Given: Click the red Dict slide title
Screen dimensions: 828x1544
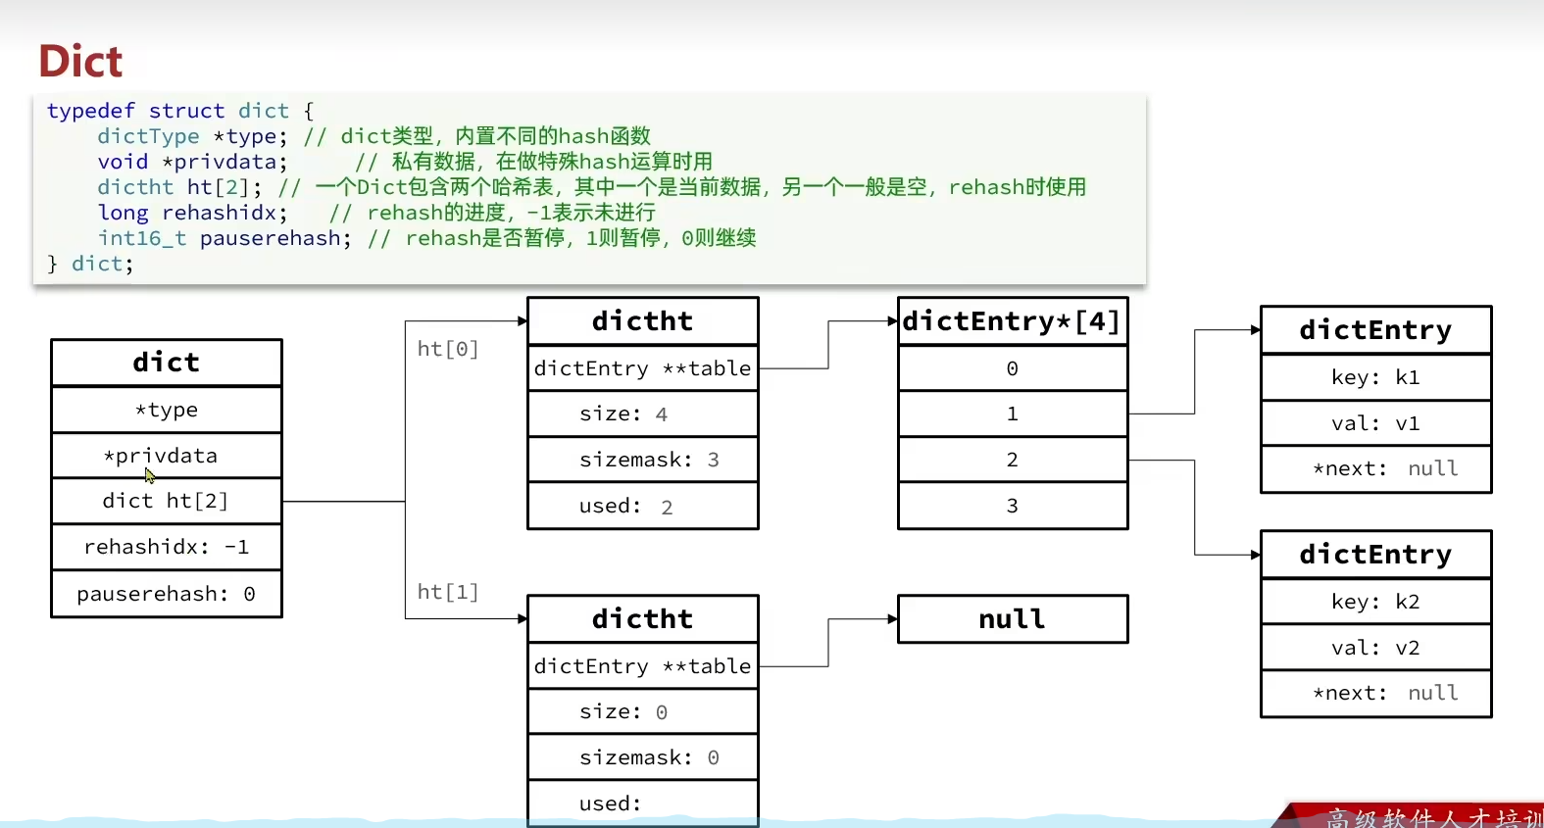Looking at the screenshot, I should (x=80, y=61).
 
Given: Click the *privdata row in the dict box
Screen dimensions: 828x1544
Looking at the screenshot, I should (x=166, y=456).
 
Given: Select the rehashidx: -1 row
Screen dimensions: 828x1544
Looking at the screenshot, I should (x=166, y=547).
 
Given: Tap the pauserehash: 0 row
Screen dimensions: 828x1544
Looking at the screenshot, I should (x=166, y=594).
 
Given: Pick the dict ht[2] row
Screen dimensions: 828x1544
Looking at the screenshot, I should (x=166, y=501).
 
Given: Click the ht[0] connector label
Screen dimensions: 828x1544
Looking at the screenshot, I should (x=447, y=349).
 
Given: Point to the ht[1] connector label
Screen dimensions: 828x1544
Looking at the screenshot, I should (x=447, y=592).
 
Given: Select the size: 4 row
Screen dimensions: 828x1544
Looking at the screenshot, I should (x=642, y=414).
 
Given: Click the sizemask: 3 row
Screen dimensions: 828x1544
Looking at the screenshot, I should (x=642, y=460).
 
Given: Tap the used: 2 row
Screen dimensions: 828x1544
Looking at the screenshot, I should (x=642, y=506).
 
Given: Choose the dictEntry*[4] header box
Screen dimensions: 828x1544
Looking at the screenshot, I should (x=1012, y=321).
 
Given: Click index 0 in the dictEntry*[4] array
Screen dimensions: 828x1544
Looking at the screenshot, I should (x=1012, y=368).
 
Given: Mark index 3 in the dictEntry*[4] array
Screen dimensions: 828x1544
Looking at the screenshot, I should (x=1012, y=506).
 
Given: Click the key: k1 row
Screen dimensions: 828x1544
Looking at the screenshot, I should (x=1375, y=377).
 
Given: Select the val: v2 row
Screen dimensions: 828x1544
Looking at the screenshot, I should (x=1375, y=648).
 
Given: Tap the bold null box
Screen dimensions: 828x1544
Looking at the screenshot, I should (x=1012, y=619).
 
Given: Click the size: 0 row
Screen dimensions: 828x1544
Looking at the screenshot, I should (x=642, y=711).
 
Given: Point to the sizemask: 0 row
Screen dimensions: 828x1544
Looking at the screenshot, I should (x=642, y=757).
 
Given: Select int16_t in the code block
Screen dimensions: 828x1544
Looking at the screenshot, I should (x=141, y=238).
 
